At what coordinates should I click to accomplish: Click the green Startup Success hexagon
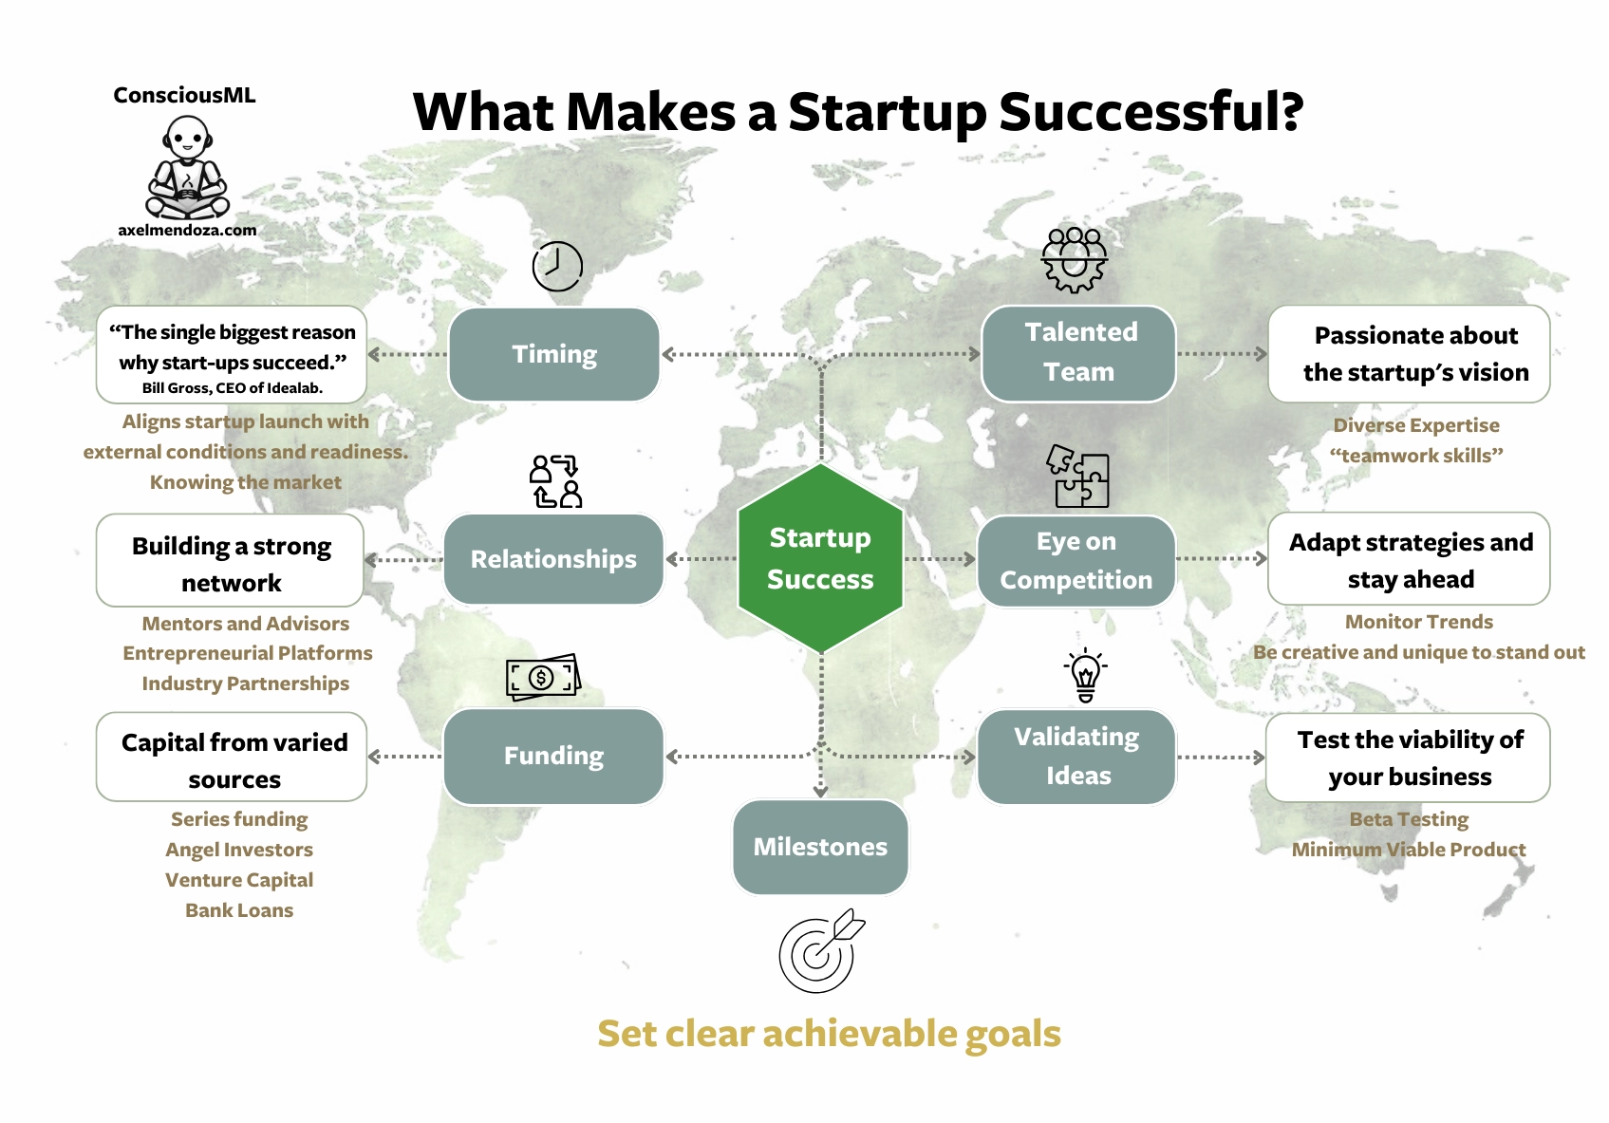(820, 558)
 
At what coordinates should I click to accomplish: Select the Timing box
(553, 354)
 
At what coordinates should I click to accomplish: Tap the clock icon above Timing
(557, 267)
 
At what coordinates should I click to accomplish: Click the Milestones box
(820, 847)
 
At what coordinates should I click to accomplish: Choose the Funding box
(553, 756)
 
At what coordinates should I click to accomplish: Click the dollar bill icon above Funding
(543, 677)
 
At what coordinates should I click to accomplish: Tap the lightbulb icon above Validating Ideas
(1085, 675)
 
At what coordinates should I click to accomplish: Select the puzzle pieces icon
(1077, 477)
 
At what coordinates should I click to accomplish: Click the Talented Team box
(1078, 353)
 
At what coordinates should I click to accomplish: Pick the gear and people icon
(1074, 260)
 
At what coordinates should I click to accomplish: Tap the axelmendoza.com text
(187, 231)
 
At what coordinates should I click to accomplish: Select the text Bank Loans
(239, 910)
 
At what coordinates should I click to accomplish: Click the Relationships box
(553, 559)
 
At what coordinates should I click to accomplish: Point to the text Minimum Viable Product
(1409, 850)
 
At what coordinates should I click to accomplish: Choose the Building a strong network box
(231, 560)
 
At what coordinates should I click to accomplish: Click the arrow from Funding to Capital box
(405, 757)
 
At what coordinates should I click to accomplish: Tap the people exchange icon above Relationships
(555, 481)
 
